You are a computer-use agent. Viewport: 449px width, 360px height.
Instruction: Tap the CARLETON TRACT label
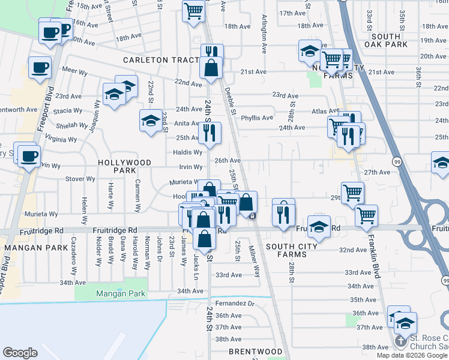coord(160,60)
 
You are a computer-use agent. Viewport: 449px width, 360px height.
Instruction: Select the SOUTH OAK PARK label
coord(386,40)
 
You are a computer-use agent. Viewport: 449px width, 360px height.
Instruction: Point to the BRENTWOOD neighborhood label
coord(255,352)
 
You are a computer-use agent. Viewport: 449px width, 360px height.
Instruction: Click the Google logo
coord(20,353)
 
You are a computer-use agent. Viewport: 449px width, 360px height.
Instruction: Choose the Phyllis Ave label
coord(257,118)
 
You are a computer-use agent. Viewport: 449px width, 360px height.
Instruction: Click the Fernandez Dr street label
coord(235,304)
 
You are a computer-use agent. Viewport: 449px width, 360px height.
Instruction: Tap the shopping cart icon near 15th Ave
coord(193,11)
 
